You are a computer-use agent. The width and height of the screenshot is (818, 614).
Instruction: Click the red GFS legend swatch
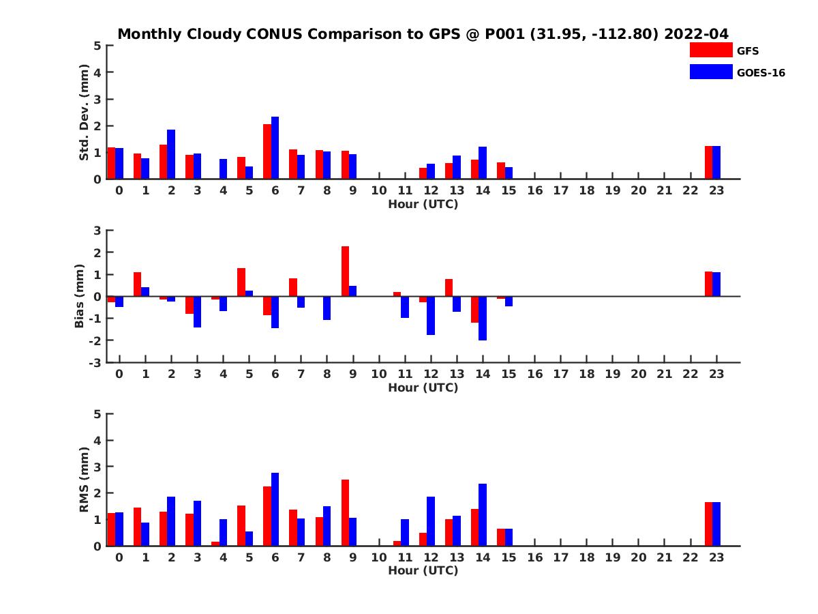[710, 50]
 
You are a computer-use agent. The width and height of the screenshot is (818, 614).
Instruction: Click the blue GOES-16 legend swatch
[710, 72]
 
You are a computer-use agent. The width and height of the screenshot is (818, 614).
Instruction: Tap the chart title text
[423, 34]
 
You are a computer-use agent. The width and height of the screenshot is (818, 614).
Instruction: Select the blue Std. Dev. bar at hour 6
[275, 148]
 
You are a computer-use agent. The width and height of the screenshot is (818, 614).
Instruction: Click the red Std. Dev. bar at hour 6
[267, 151]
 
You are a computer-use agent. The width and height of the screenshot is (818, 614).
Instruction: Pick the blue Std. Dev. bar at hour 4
[223, 169]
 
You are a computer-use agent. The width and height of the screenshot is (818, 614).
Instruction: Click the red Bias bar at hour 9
[345, 271]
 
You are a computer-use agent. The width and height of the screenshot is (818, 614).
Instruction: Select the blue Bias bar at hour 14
[483, 318]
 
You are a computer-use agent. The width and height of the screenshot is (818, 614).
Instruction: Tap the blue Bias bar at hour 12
[431, 315]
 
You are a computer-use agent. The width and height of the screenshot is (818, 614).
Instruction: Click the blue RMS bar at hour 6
[275, 509]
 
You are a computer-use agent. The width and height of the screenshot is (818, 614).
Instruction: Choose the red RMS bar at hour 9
[345, 512]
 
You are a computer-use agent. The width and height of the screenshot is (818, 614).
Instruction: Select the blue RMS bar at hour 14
[483, 514]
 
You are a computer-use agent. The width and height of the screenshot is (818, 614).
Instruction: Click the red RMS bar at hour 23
[708, 524]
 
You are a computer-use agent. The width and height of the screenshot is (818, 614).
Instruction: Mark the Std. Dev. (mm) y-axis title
[84, 113]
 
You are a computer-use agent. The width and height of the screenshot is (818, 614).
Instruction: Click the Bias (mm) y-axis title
[80, 296]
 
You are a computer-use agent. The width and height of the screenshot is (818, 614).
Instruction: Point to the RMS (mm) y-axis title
[84, 480]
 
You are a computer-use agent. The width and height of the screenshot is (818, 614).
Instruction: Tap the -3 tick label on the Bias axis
[95, 362]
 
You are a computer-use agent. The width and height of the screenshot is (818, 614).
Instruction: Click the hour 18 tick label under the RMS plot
[586, 557]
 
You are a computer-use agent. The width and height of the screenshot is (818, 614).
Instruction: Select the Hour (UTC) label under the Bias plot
[423, 388]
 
